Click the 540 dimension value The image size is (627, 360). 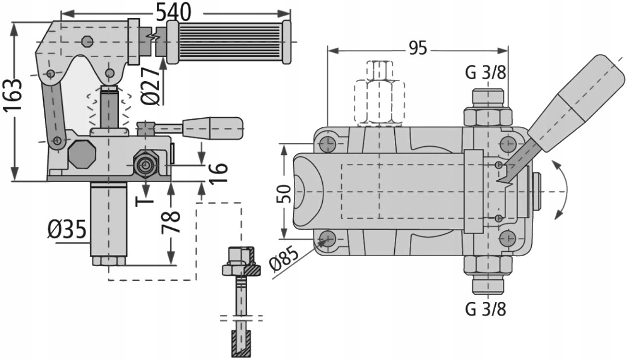tap(172, 12)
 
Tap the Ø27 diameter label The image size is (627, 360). tap(151, 86)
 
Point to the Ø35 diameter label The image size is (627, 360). tap(67, 230)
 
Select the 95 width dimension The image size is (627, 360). tap(417, 49)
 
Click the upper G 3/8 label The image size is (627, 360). tap(486, 74)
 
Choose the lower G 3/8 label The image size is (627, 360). tap(486, 309)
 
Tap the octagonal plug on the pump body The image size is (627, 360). tap(81, 154)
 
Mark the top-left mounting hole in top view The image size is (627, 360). tap(328, 143)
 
